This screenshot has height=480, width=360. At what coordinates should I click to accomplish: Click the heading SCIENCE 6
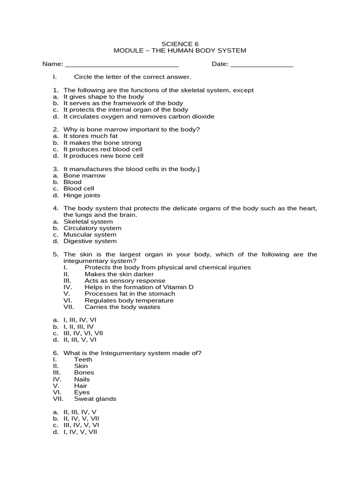coord(180,44)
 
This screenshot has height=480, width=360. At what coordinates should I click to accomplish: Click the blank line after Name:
coord(121,65)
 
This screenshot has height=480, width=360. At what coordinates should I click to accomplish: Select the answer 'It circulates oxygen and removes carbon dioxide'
coord(139,116)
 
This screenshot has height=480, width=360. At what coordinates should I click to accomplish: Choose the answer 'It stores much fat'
coord(90,136)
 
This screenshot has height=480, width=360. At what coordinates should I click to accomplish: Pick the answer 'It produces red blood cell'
coord(103,149)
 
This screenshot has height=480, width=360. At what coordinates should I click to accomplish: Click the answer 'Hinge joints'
coord(82,195)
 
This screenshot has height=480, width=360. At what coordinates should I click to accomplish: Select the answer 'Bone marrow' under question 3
coord(84,175)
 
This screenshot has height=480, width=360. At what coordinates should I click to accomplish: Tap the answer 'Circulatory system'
coord(92,228)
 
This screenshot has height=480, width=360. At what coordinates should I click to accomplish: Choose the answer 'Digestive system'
coord(90,241)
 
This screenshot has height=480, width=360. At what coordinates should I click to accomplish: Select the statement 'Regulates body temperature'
coord(129,300)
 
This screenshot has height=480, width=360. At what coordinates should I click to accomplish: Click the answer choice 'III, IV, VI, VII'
coord(83,333)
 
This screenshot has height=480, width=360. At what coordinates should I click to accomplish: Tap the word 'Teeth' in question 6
coord(83,359)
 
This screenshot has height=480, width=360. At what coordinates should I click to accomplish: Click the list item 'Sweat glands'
coord(95,398)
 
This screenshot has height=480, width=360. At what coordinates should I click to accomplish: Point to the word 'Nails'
coord(82,379)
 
